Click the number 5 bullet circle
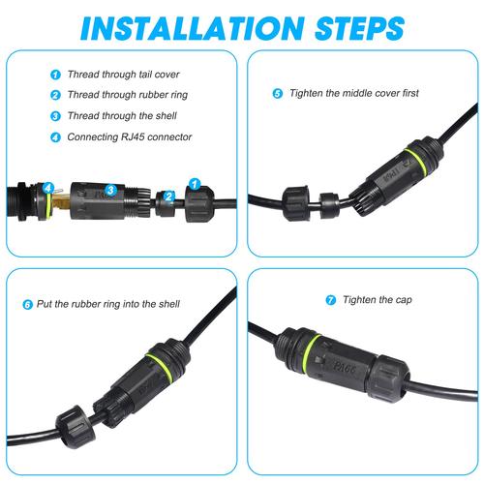(278, 94)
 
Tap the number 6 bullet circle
(27, 304)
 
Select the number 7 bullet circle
(331, 300)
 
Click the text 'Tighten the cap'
(378, 300)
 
